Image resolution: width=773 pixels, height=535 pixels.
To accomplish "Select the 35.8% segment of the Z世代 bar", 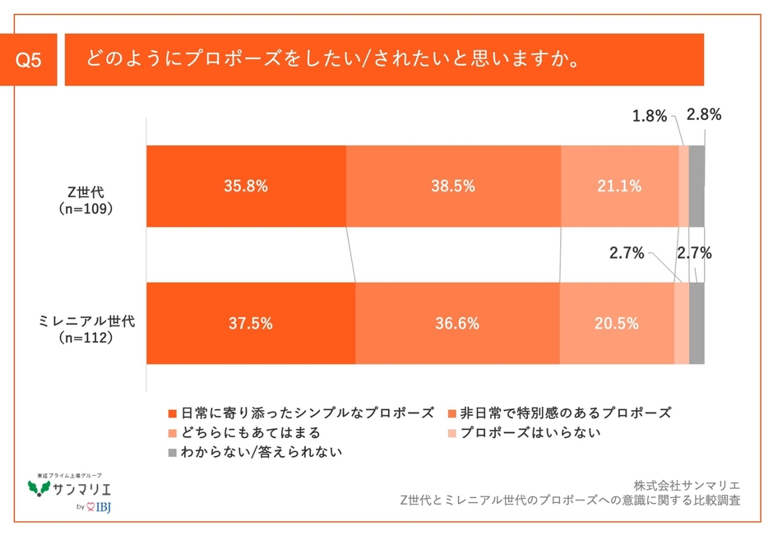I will click(x=246, y=187).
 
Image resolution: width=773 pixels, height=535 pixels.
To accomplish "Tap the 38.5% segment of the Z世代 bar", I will click(x=453, y=187).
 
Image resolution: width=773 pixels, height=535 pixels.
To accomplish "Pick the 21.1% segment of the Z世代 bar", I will click(x=619, y=187).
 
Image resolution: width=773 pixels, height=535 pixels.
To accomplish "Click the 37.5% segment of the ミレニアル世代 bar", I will click(x=251, y=323).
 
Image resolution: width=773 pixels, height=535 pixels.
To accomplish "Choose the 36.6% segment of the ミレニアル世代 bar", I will click(x=458, y=323).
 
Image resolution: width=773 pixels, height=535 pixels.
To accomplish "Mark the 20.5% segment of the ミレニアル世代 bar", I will click(x=617, y=323).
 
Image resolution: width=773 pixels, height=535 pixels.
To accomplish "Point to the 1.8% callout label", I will click(x=649, y=117).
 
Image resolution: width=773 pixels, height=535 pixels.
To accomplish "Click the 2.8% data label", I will click(x=704, y=116).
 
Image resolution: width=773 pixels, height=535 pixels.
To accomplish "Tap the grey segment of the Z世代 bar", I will click(x=697, y=187).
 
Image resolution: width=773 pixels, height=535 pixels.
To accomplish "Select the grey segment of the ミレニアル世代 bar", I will click(x=697, y=323).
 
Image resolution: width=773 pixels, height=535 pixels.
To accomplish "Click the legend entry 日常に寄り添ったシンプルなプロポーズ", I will click(x=300, y=412).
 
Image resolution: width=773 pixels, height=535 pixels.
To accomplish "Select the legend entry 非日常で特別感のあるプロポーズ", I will click(x=558, y=412).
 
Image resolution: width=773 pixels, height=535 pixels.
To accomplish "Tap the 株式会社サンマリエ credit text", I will click(x=687, y=484).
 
